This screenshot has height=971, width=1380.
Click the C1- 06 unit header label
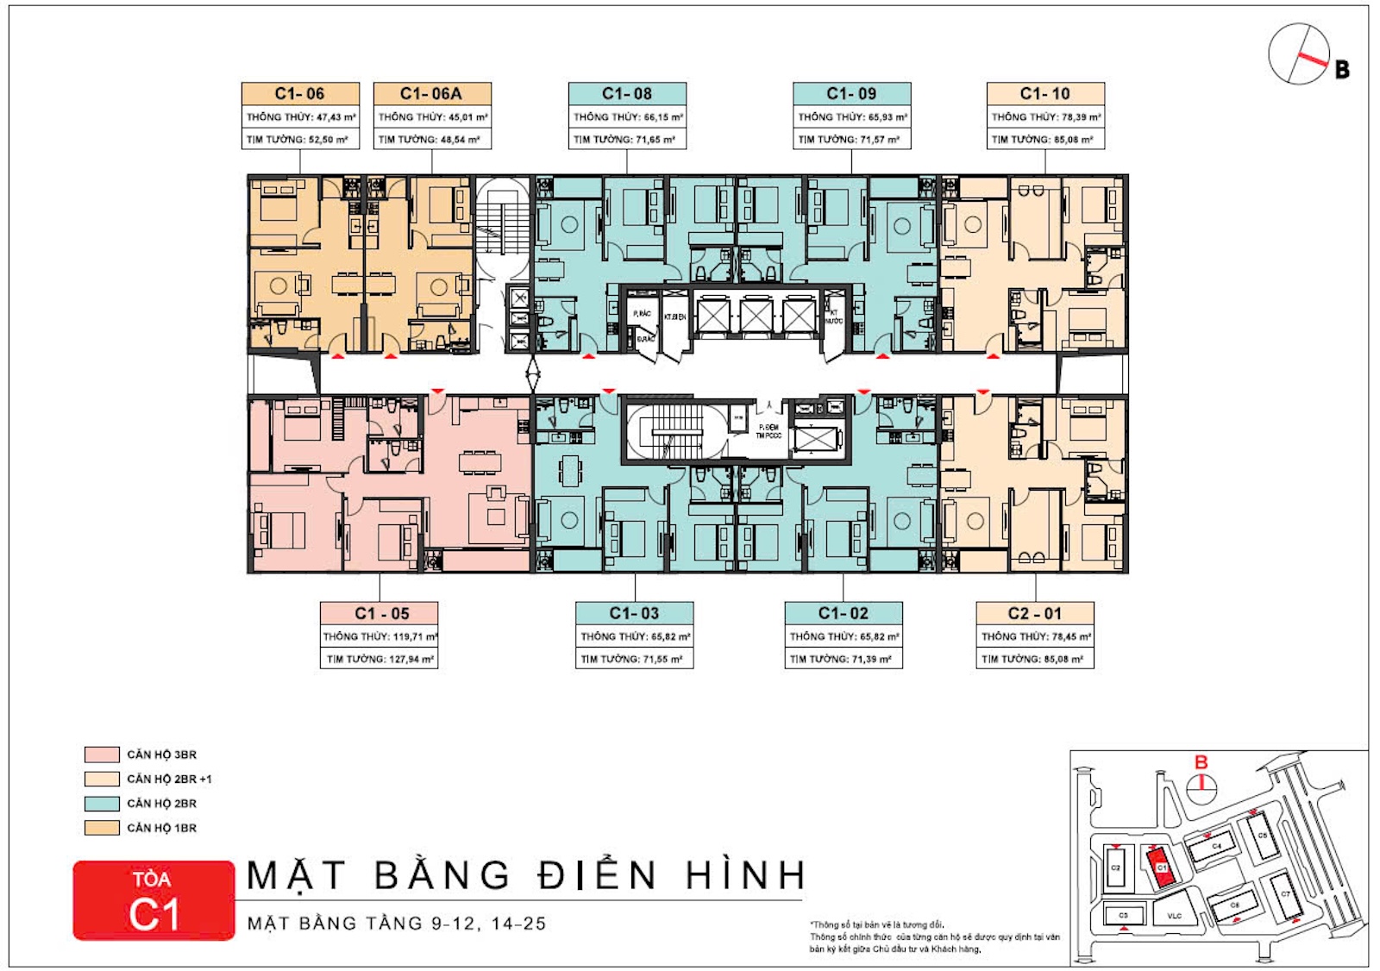(300, 93)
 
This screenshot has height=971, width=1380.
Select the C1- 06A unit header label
(432, 93)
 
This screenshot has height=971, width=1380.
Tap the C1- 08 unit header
(627, 93)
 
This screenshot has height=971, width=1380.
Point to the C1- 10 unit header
(1045, 93)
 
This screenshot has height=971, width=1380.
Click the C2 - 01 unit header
(1035, 613)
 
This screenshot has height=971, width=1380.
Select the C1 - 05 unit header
(379, 613)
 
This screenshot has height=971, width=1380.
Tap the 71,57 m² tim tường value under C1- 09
(880, 139)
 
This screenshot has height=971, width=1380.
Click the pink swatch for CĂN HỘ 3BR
(102, 755)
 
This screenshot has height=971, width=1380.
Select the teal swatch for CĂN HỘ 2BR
(102, 803)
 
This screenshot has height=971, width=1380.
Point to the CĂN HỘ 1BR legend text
(162, 828)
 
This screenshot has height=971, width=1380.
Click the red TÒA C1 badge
(154, 900)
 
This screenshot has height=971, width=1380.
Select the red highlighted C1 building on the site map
(1161, 867)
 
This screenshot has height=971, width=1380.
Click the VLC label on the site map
(1174, 916)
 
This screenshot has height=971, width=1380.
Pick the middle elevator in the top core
(756, 316)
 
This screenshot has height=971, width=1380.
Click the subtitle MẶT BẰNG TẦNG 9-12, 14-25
(397, 924)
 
